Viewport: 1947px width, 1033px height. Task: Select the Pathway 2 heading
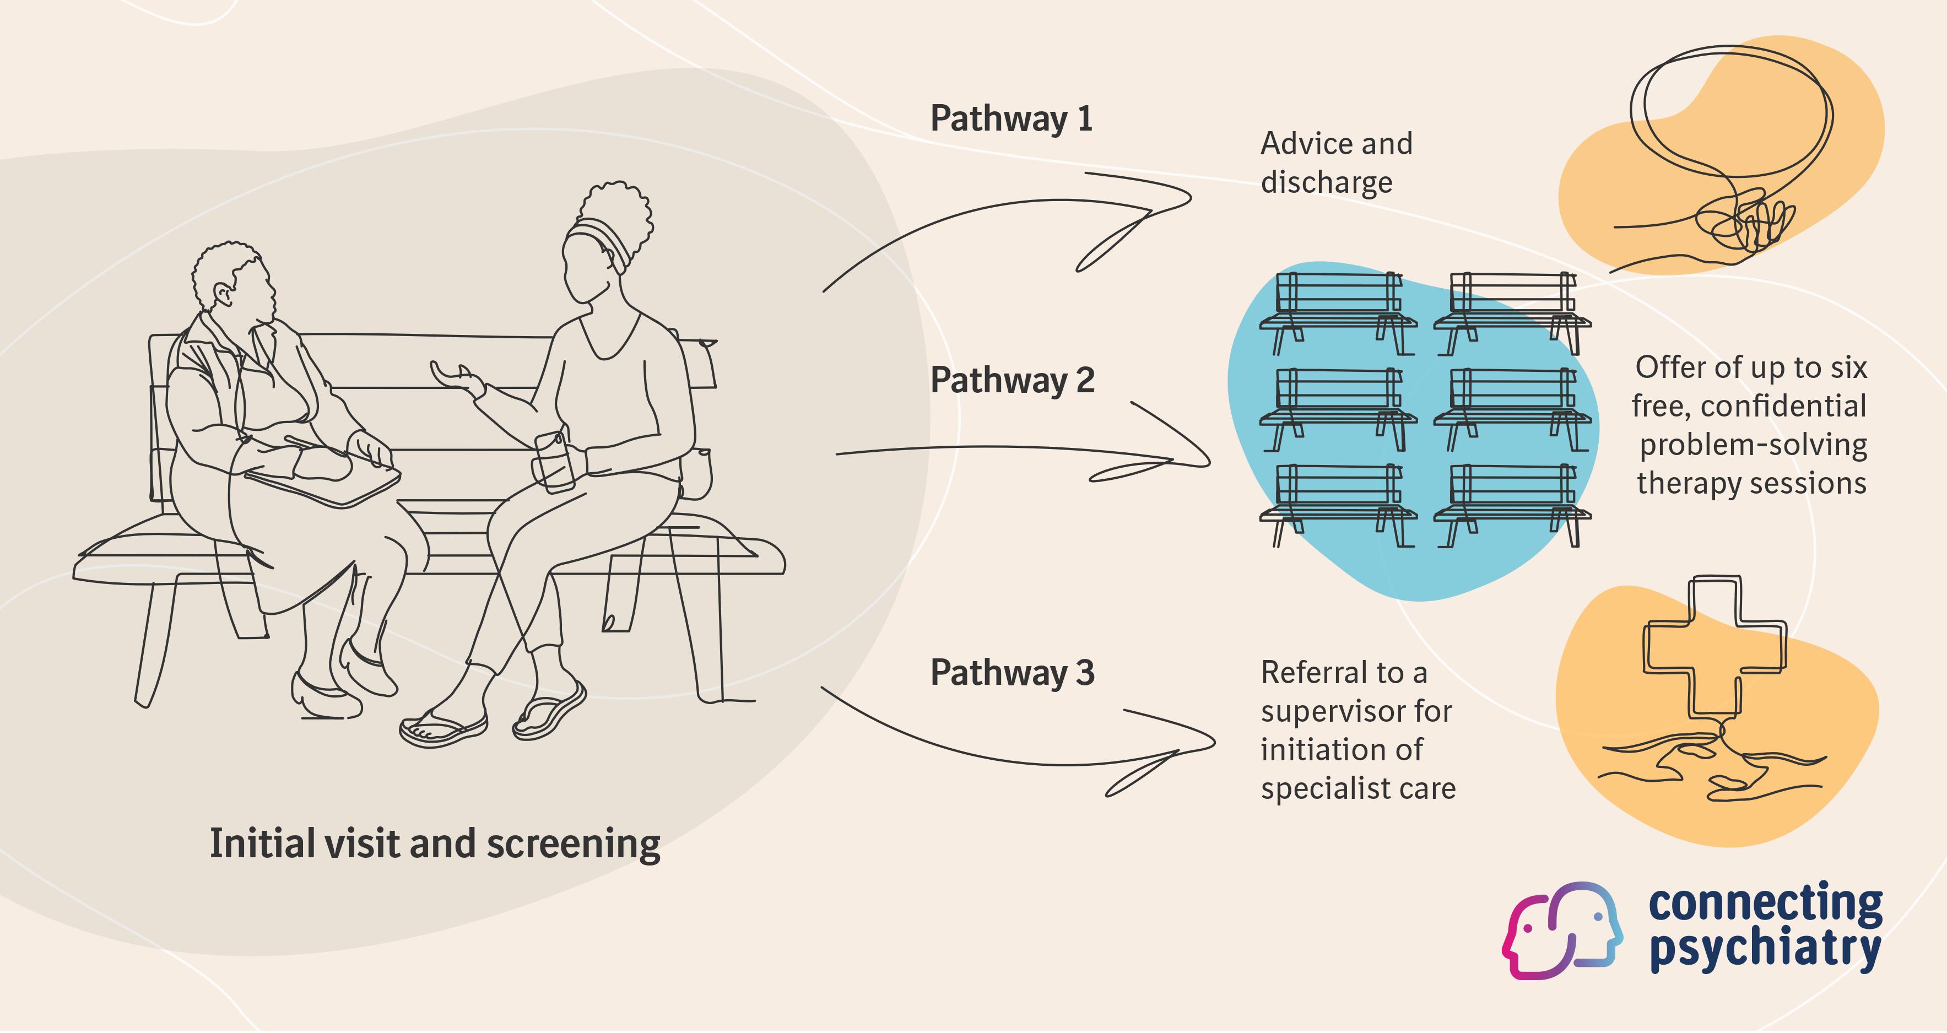pos(1012,381)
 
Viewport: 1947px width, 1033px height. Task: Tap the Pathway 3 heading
pos(1012,673)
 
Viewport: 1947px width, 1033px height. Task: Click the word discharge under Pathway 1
pos(1327,183)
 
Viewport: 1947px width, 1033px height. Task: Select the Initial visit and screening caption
pos(435,844)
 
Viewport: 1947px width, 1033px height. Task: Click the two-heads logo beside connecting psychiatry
pos(1561,930)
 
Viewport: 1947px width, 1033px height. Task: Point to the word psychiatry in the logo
pos(1764,949)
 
